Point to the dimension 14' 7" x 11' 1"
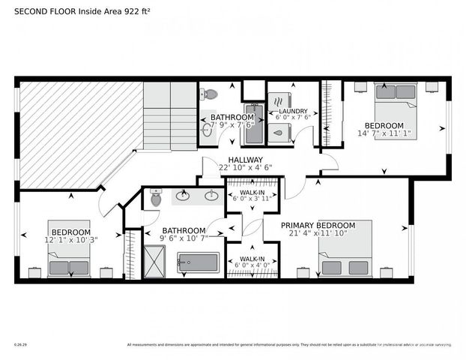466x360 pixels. tap(384, 133)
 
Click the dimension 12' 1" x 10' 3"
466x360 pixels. tap(70, 239)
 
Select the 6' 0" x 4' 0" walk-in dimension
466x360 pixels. tap(252, 265)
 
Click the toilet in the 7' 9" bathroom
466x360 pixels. tap(211, 94)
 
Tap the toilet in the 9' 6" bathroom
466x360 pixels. tap(156, 198)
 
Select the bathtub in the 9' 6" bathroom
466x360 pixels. tap(198, 263)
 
